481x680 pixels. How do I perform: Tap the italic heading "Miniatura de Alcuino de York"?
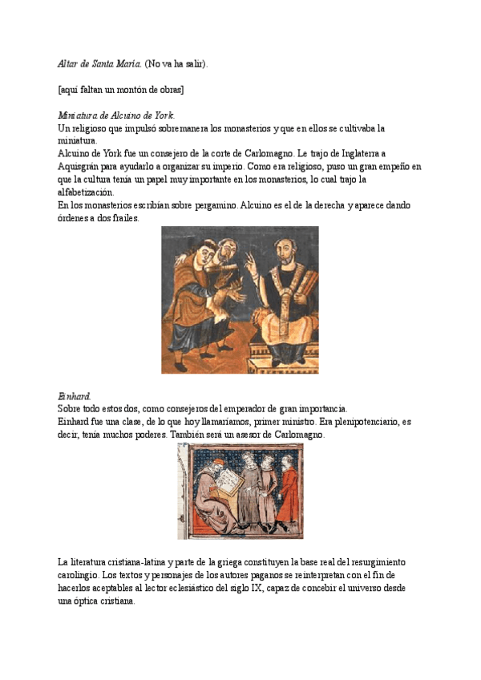pyautogui.click(x=116, y=115)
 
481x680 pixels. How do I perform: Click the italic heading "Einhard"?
pyautogui.click(x=75, y=396)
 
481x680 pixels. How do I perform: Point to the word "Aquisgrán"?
pyautogui.click(x=83, y=166)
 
